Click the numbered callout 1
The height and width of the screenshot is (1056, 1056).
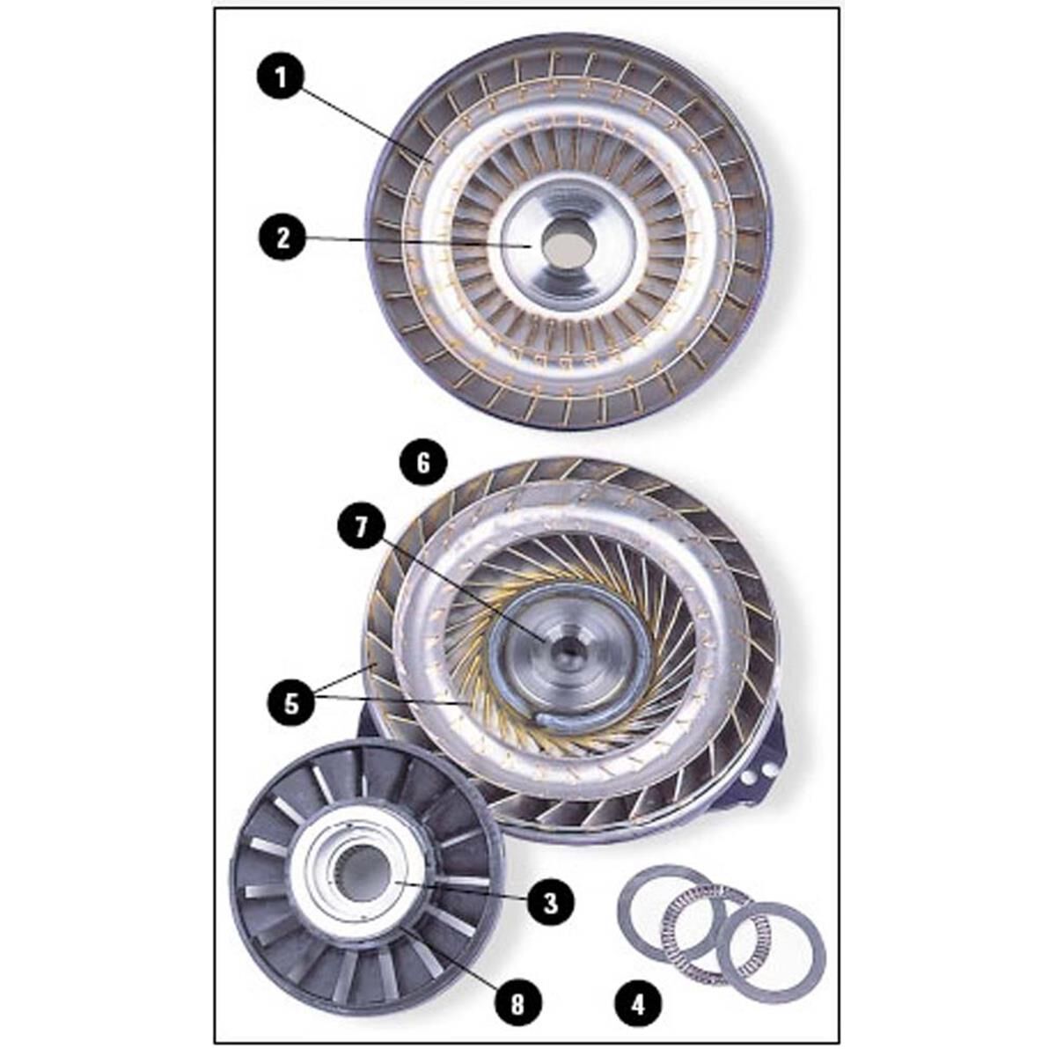(281, 77)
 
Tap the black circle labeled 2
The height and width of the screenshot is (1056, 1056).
(282, 238)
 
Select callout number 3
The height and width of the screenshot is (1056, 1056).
(551, 902)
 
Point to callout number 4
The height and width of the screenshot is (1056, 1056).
(638, 1003)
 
